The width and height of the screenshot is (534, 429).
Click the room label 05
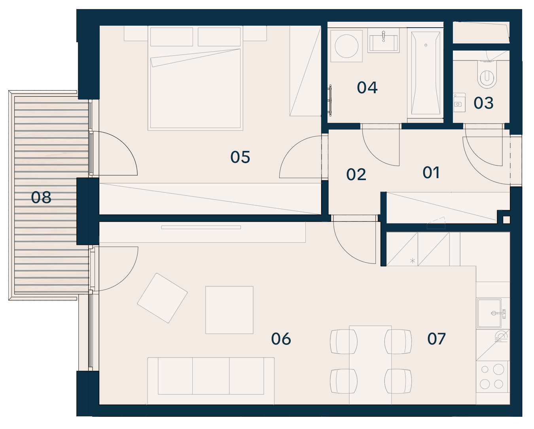240,157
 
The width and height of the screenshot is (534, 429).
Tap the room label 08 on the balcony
41,198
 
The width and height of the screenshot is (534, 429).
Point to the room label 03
483,103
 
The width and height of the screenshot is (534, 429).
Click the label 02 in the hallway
356,175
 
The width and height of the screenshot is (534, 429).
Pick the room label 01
431,173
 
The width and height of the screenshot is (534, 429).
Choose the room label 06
281,339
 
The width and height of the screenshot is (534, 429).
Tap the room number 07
436,339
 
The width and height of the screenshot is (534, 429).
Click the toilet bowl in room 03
487,75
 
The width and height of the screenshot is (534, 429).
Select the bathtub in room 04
426,73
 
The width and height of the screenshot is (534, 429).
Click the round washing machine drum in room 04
347,46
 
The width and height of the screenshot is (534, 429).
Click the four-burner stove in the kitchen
492,377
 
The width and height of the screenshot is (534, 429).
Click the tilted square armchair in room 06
162,298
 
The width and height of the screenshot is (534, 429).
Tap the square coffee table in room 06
229,310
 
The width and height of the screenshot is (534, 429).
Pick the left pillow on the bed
171,37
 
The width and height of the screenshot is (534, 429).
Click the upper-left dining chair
344,342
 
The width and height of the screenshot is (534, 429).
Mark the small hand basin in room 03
459,103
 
